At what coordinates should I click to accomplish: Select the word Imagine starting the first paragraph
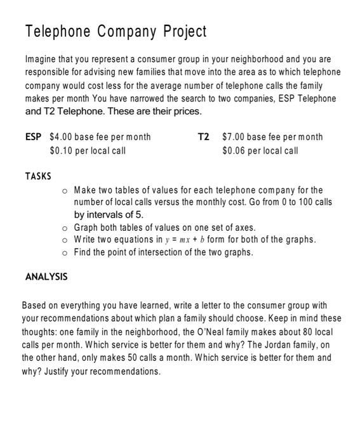41,59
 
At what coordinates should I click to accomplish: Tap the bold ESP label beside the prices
34,136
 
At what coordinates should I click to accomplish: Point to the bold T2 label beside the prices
203,136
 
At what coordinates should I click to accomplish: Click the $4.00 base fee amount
61,136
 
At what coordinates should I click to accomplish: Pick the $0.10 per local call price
61,150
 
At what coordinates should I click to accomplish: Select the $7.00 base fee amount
234,136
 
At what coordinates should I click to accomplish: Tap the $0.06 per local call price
234,150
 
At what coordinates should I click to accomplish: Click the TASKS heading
38,176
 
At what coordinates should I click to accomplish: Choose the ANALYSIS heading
46,277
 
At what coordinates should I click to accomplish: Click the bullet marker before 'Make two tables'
65,190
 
